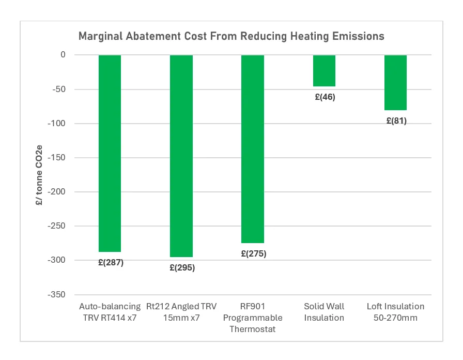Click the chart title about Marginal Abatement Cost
(231, 36)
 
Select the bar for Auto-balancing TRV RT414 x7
(110, 153)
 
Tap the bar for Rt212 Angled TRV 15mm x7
(181, 156)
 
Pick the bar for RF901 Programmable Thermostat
(253, 149)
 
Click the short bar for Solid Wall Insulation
(324, 70)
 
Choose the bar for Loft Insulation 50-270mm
(395, 82)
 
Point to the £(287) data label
(111, 262)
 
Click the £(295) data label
(182, 268)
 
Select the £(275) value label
(253, 254)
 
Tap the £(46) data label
(325, 97)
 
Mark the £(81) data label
(396, 121)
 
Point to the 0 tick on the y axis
(63, 55)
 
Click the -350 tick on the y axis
(57, 294)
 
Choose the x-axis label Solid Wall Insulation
(324, 312)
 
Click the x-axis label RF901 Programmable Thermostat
(253, 318)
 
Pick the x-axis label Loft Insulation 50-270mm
(395, 312)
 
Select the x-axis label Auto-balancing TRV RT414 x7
(110, 312)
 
